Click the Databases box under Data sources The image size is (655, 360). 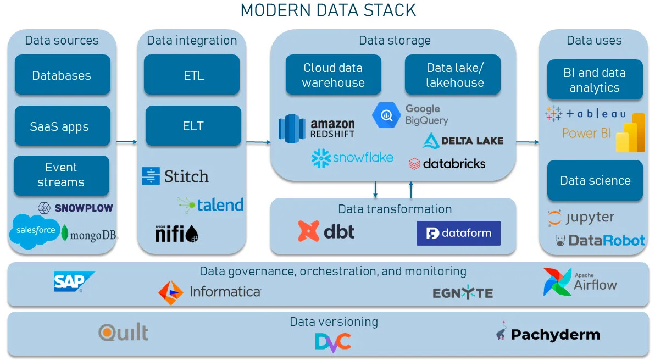pyautogui.click(x=62, y=75)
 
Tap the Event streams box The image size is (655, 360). pyautogui.click(x=61, y=175)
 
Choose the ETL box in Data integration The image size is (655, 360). pyautogui.click(x=192, y=75)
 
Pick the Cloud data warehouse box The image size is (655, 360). pyautogui.click(x=333, y=75)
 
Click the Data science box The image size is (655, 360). pyautogui.click(x=595, y=180)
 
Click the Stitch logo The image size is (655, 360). pyautogui.click(x=175, y=176)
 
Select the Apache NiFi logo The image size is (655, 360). pyautogui.click(x=176, y=234)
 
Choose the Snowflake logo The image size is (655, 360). pyautogui.click(x=352, y=158)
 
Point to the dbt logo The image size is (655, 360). pyautogui.click(x=326, y=231)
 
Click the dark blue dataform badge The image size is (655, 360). pyautogui.click(x=458, y=233)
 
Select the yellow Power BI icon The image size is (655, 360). pyautogui.click(x=630, y=133)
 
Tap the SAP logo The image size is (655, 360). pyautogui.click(x=73, y=281)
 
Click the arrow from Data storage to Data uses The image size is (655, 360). pyautogui.click(x=527, y=142)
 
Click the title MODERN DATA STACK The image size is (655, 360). pyautogui.click(x=328, y=10)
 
